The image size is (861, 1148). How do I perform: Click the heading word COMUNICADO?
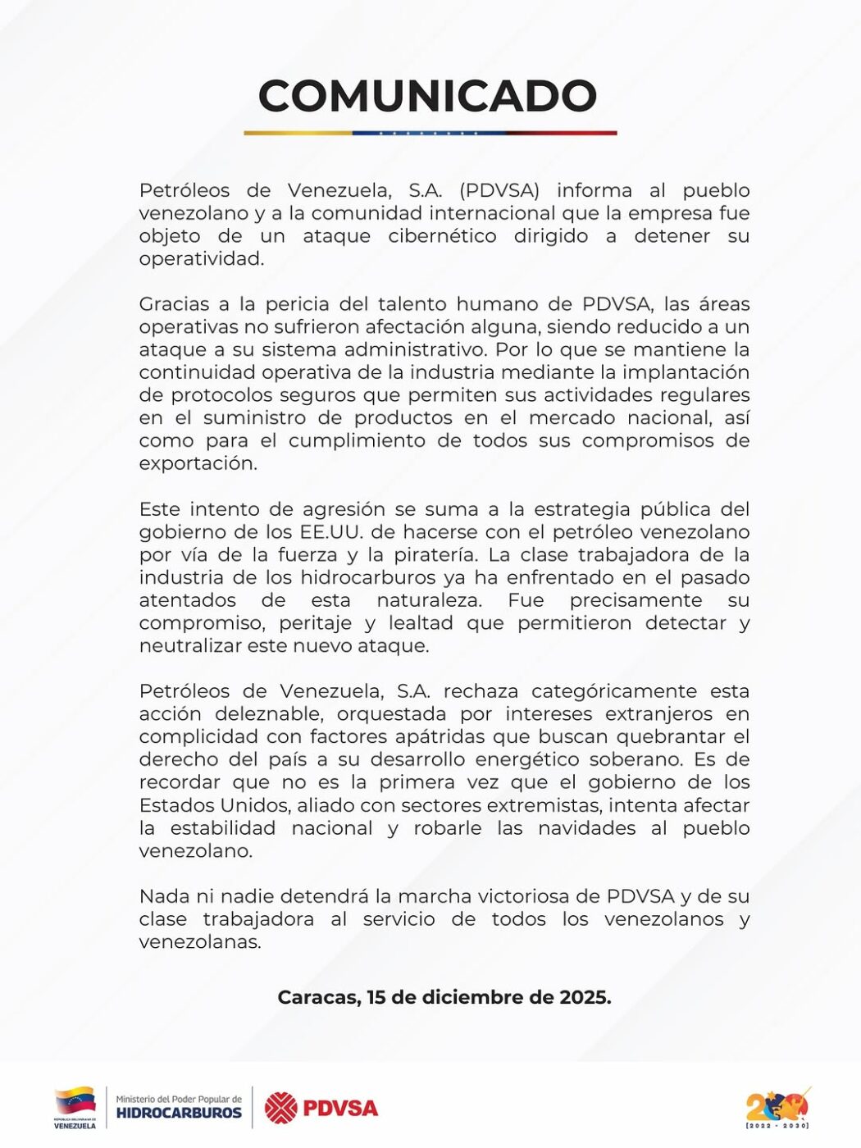tap(427, 96)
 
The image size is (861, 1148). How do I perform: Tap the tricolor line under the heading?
tap(430, 132)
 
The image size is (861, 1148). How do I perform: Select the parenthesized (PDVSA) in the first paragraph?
tap(499, 190)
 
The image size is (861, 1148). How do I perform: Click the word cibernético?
tap(442, 236)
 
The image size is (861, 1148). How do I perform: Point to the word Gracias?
tap(172, 304)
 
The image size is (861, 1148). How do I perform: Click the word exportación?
tap(198, 463)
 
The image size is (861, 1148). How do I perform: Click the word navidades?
tap(586, 828)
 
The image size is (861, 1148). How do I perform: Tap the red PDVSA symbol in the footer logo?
tap(281, 1109)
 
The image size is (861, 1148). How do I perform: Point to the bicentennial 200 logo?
tap(777, 1108)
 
